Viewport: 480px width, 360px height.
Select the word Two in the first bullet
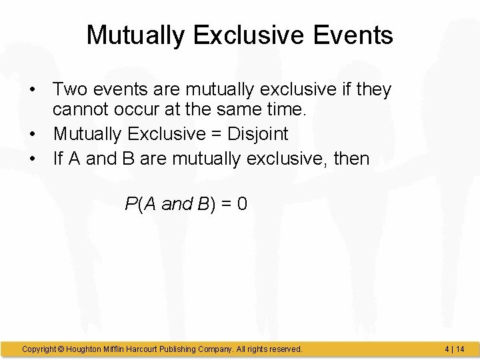(x=69, y=89)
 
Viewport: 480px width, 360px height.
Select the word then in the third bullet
(x=349, y=159)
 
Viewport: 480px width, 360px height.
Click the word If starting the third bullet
(x=59, y=159)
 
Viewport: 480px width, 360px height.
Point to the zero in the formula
(x=241, y=204)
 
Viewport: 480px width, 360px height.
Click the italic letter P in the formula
(x=131, y=204)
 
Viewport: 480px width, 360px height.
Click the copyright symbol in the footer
(x=61, y=349)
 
